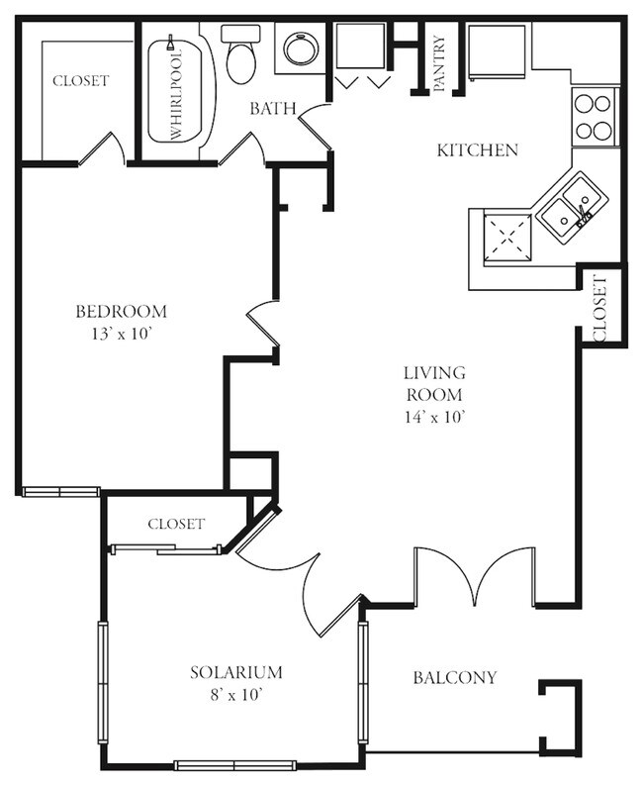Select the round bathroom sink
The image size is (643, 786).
[298, 49]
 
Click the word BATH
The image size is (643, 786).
[273, 108]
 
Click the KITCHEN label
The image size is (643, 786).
[477, 150]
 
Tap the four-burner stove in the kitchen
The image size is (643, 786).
[594, 116]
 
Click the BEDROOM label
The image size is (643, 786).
[121, 311]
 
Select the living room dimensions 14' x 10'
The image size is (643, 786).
[434, 417]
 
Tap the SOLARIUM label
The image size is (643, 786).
[236, 672]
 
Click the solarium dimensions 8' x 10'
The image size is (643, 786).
[236, 695]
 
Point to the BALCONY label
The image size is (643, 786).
[454, 678]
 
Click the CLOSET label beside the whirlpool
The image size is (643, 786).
[80, 80]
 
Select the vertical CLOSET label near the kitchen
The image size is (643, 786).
[600, 308]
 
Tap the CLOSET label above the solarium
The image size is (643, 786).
[175, 524]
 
